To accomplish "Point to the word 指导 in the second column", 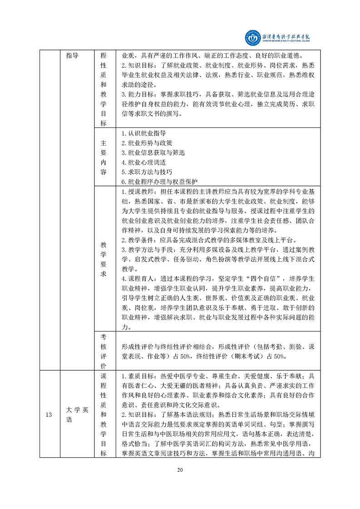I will point(72,56).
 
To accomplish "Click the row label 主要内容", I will point(103,157).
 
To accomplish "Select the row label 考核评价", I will point(103,351).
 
